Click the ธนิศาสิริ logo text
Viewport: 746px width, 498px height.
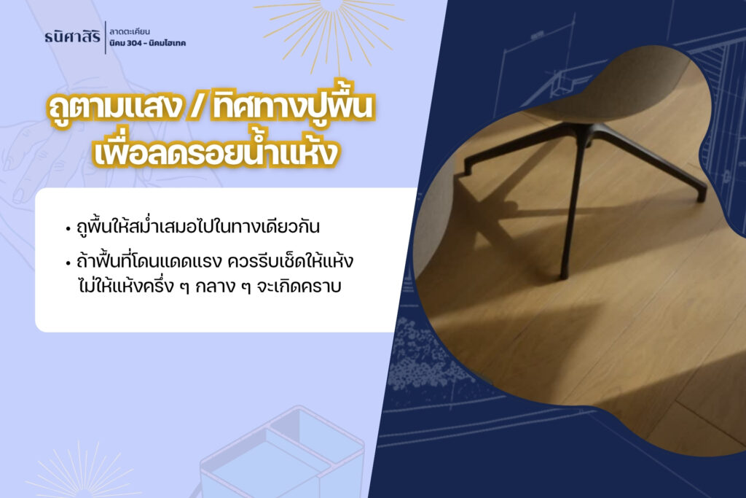pyautogui.click(x=72, y=36)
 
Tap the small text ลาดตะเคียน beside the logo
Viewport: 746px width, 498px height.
pyautogui.click(x=130, y=32)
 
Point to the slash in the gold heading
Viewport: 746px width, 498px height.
pyautogui.click(x=197, y=108)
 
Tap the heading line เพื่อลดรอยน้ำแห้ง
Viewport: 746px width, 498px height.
pyautogui.click(x=216, y=150)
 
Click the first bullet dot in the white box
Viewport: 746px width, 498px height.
pyautogui.click(x=68, y=228)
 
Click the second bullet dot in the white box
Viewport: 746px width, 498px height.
pyautogui.click(x=68, y=263)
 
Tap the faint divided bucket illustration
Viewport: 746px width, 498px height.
pyautogui.click(x=280, y=452)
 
